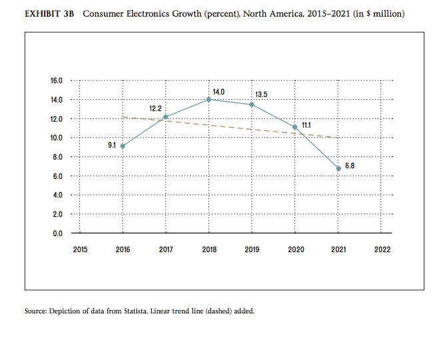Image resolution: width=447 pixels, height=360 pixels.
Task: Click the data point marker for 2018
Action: tap(209, 99)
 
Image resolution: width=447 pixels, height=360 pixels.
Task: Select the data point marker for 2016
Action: tap(123, 146)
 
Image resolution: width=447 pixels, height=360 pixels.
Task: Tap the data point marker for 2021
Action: tap(338, 168)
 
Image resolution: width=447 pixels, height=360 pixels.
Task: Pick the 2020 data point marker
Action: tap(295, 126)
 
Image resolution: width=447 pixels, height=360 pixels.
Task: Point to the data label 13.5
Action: tap(261, 94)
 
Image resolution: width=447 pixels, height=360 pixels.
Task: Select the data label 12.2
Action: tap(155, 107)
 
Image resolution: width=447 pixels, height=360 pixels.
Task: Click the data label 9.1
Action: tap(113, 144)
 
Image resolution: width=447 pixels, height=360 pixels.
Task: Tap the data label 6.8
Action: tap(350, 165)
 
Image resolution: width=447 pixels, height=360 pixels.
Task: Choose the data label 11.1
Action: tap(306, 124)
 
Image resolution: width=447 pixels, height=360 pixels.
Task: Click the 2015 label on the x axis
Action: tap(79, 250)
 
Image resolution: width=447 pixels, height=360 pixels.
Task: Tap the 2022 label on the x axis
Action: tap(382, 250)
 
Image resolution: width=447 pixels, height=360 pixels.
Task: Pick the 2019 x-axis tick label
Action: tap(252, 250)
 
